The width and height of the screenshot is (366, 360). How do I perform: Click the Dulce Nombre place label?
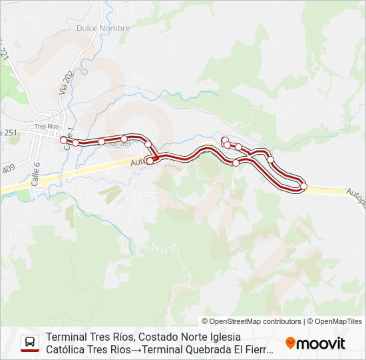pyautogui.click(x=103, y=29)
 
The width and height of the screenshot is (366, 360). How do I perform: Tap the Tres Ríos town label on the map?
pyautogui.click(x=47, y=126)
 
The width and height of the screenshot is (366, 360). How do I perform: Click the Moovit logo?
pyautogui.click(x=315, y=343)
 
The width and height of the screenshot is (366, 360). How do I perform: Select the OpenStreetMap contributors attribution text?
pyautogui.click(x=252, y=321)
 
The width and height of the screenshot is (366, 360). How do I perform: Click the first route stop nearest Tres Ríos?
pyautogui.click(x=63, y=140)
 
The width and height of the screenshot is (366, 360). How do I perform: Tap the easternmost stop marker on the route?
pyautogui.click(x=303, y=186)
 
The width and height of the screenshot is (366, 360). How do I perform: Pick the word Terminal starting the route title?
pyautogui.click(x=67, y=337)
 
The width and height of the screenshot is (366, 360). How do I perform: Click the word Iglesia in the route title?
pyautogui.click(x=223, y=337)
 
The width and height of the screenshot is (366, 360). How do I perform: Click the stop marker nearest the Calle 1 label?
pyautogui.click(x=75, y=143)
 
